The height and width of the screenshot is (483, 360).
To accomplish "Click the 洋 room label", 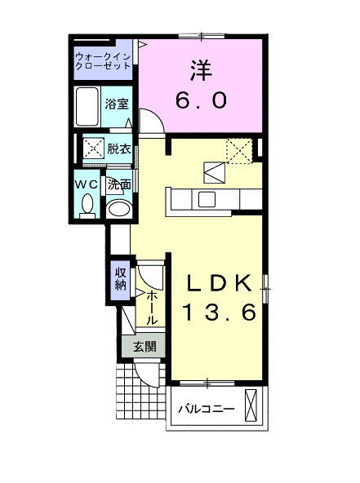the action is [201, 70].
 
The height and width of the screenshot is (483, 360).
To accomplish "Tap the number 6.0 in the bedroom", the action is [202, 100].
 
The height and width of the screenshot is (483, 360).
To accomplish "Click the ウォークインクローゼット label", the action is [103, 61].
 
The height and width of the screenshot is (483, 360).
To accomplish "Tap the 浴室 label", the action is [117, 104].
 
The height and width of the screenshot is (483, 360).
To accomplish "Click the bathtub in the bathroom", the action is [87, 107].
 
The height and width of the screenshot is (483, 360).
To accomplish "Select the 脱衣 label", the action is [118, 149].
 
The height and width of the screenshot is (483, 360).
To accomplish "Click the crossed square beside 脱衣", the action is [94, 149].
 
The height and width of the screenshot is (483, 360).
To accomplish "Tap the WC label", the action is [87, 184].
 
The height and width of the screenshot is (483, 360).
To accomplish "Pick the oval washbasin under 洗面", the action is [119, 209].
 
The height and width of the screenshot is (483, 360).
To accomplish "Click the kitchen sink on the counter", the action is [207, 199].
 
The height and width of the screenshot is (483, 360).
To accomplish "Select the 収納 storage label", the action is [121, 279].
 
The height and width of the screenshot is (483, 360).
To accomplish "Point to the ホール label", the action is [152, 307].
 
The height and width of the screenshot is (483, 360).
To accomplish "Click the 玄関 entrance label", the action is [144, 347].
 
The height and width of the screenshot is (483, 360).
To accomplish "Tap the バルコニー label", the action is [207, 410].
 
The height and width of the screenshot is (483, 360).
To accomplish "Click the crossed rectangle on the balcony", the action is [251, 405].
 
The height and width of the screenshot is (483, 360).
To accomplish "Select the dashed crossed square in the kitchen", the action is [239, 151].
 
